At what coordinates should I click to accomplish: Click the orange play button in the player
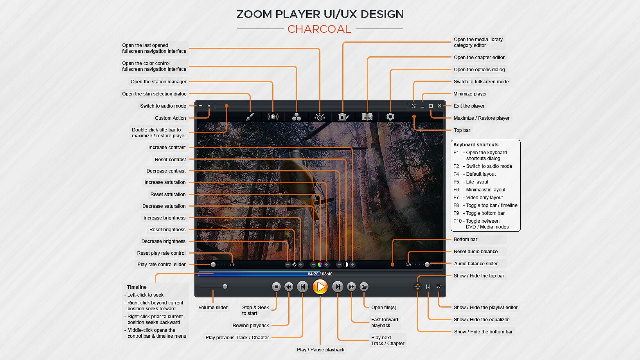pyautogui.click(x=320, y=287)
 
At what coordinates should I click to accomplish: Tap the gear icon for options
pyautogui.click(x=390, y=117)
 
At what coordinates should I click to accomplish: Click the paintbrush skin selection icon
pyautogui.click(x=250, y=117)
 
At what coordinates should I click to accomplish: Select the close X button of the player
pyautogui.click(x=439, y=106)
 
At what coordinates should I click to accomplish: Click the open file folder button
pyautogui.click(x=364, y=287)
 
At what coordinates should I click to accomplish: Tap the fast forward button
pyautogui.click(x=351, y=287)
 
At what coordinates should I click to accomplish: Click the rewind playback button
pyautogui.click(x=289, y=287)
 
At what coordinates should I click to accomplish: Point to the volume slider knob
pyautogui.click(x=225, y=286)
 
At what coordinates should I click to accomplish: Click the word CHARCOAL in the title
pyautogui.click(x=319, y=29)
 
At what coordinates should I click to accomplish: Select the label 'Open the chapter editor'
pyautogui.click(x=479, y=58)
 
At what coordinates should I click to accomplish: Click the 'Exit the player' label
pyautogui.click(x=469, y=106)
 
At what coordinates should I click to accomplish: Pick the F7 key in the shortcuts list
pyautogui.click(x=456, y=198)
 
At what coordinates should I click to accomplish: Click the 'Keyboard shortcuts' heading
pyautogui.click(x=476, y=145)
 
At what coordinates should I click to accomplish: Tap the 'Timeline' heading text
pyautogui.click(x=137, y=287)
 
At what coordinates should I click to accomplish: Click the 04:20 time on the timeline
pyautogui.click(x=313, y=274)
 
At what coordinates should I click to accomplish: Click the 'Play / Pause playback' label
pyautogui.click(x=321, y=350)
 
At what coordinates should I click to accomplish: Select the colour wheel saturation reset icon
pyautogui.click(x=320, y=265)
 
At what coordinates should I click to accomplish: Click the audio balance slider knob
pyautogui.click(x=427, y=265)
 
